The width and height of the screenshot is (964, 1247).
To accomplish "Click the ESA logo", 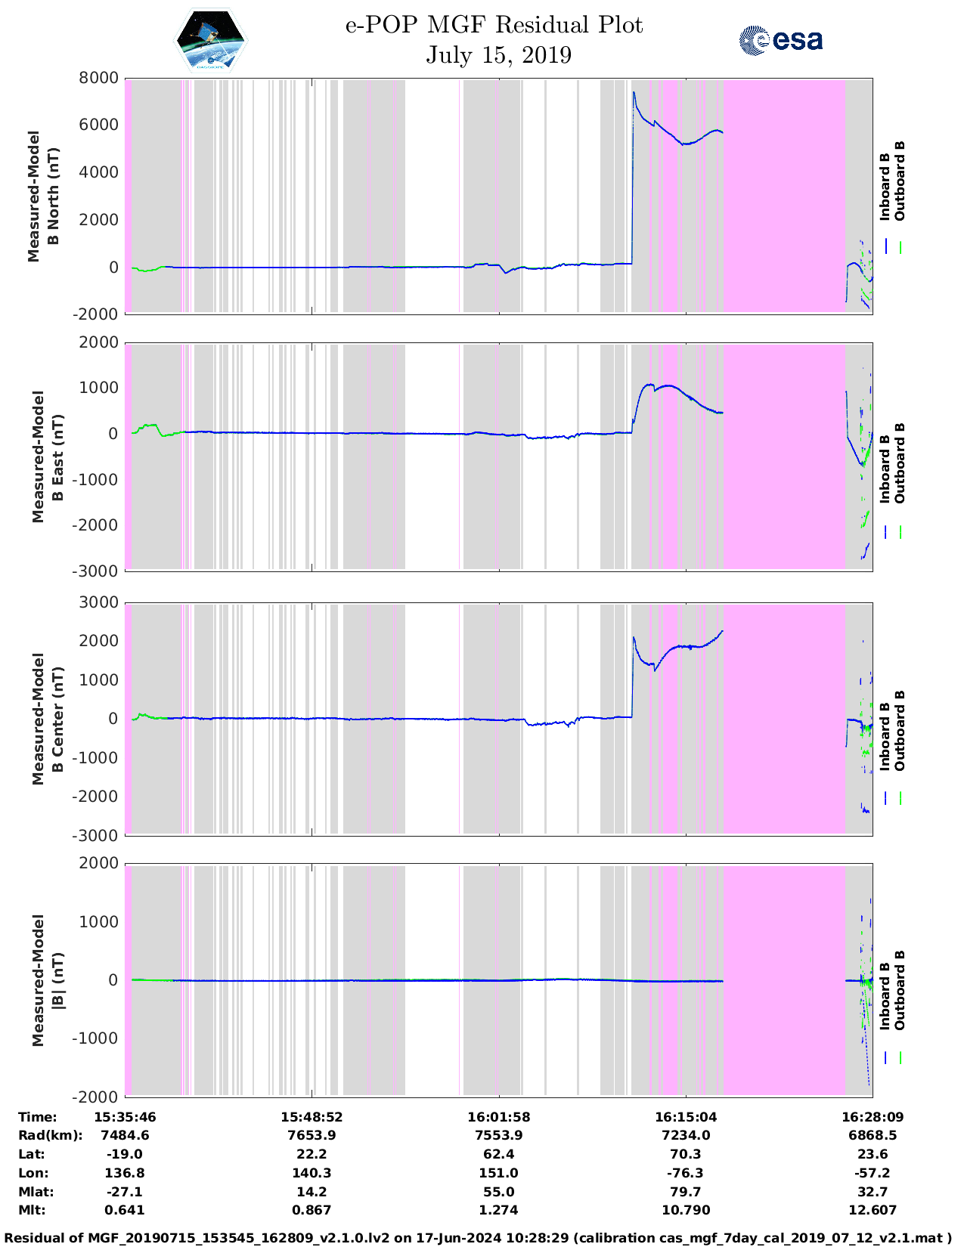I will [780, 40].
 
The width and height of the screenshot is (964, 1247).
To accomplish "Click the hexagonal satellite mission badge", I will [211, 39].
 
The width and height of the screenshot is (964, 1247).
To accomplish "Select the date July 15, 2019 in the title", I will [498, 55].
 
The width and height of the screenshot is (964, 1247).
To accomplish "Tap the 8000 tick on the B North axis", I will [100, 78].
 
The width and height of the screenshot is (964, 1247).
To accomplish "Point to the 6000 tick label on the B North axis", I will [100, 125].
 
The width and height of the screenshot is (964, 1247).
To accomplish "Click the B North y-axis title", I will [44, 196].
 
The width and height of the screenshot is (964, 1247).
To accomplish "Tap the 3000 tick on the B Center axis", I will [100, 602].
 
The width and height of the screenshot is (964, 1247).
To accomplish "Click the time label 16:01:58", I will [498, 1117].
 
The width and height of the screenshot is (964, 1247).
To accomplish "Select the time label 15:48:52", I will [312, 1117].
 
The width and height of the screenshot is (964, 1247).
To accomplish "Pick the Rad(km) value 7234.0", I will [685, 1135].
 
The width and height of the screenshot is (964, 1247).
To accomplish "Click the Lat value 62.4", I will [498, 1154].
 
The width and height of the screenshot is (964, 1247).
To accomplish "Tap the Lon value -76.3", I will [685, 1173].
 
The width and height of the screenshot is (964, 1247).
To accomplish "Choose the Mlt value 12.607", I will [872, 1210].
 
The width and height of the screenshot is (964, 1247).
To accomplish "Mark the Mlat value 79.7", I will [685, 1192].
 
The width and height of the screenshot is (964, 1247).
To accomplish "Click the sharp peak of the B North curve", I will [634, 92].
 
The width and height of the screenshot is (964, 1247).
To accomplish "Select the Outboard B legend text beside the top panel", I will [900, 181].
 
